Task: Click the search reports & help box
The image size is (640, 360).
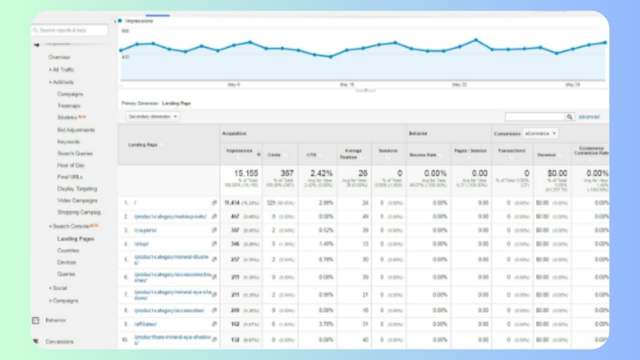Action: (x=70, y=30)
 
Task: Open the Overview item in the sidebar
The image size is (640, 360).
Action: (x=59, y=57)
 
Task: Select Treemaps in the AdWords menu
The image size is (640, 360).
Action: (x=68, y=106)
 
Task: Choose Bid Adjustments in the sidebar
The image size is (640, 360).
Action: (x=76, y=130)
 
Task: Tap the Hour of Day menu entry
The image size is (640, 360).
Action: (x=70, y=165)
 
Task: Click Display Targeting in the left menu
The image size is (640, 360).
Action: (x=77, y=189)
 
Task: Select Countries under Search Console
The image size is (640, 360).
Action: (x=67, y=250)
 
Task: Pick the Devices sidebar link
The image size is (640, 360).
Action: (x=66, y=262)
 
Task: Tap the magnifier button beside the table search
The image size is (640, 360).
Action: (x=569, y=116)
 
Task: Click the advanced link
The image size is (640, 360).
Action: (x=589, y=117)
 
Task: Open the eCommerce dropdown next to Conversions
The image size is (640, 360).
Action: (x=540, y=133)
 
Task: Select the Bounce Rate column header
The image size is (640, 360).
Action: (x=423, y=155)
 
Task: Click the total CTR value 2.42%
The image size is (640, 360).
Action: (x=321, y=173)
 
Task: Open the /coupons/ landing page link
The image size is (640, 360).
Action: (x=145, y=230)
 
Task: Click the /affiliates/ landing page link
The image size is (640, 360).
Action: (x=146, y=324)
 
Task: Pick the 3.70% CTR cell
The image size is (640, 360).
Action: (x=327, y=324)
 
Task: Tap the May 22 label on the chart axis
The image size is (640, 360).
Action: (x=459, y=85)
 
